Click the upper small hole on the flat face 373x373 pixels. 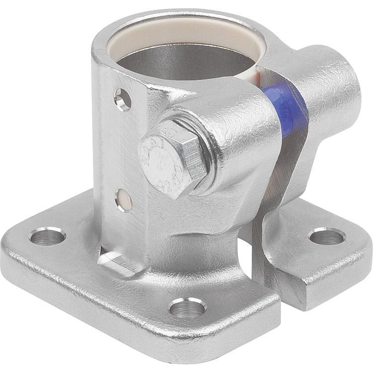coord(122,99)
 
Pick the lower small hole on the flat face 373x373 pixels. coord(124,200)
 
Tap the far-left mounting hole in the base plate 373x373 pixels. coord(47,236)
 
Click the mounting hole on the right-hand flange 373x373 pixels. coord(327,236)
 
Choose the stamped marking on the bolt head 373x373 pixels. coord(164,159)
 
